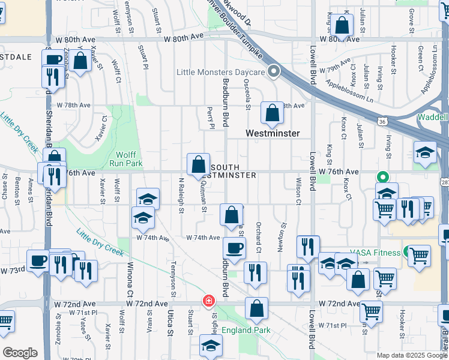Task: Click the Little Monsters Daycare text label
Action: click(x=220, y=73)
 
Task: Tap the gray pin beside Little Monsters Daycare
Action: click(x=274, y=72)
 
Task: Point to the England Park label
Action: click(x=246, y=330)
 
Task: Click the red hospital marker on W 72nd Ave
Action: click(x=209, y=300)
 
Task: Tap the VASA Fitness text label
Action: click(x=377, y=253)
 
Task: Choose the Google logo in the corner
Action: click(x=20, y=353)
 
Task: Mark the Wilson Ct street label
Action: click(x=298, y=191)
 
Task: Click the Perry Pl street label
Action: click(x=211, y=118)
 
